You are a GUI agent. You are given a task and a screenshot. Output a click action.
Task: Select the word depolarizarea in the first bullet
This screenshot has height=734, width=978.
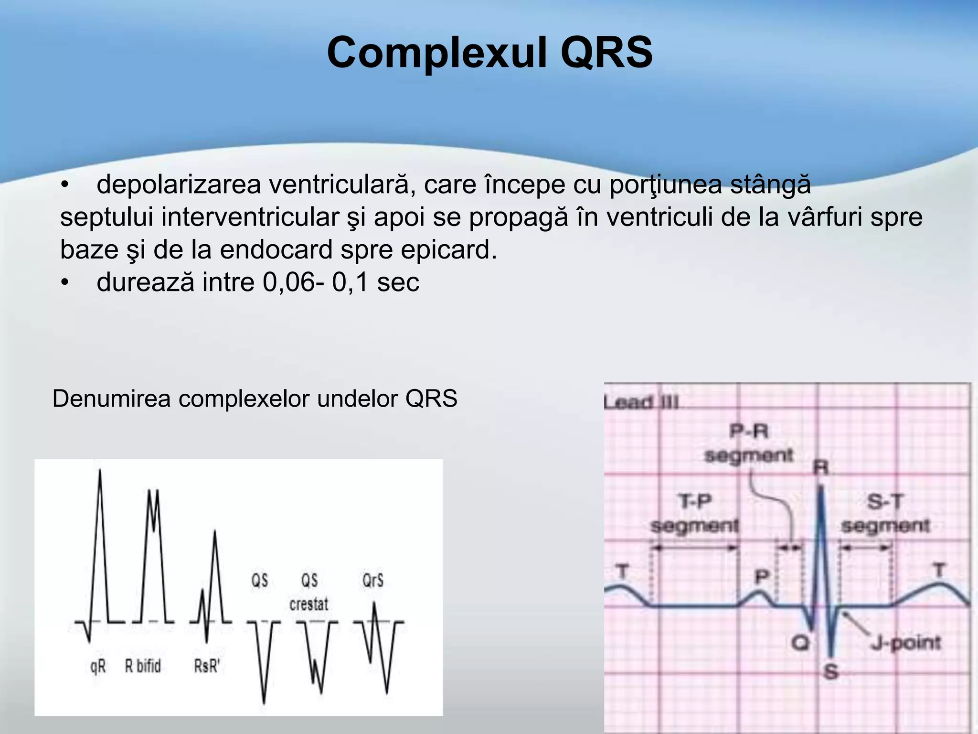pos(179,185)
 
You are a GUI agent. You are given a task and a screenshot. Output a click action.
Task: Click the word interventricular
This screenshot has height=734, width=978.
pos(250,217)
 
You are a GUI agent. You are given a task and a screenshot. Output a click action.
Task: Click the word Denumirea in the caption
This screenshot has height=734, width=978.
pos(111,399)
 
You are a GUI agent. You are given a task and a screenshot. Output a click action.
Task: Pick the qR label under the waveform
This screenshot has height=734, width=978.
pos(98,666)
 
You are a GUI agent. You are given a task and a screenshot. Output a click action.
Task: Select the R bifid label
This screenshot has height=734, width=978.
pos(143,666)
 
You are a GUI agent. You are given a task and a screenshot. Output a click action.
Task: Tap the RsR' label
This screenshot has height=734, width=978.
pos(206,666)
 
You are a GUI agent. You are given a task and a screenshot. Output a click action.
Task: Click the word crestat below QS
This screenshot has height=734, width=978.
pos(309,604)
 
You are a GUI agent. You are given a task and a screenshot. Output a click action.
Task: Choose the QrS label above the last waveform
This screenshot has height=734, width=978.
pos(373,581)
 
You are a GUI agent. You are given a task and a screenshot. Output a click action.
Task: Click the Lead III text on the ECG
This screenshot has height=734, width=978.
pos(641,402)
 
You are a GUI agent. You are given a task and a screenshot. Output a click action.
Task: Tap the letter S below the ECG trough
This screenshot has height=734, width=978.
pos(831,672)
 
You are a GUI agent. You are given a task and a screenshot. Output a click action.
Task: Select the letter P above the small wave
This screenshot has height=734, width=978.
pos(762,577)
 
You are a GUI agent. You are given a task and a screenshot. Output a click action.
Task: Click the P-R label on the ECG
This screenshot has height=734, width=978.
pos(749,432)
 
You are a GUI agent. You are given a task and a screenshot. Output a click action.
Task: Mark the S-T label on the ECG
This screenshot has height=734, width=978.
pos(885,502)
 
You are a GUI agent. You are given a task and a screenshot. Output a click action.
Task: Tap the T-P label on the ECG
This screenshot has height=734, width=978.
pos(695,502)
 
